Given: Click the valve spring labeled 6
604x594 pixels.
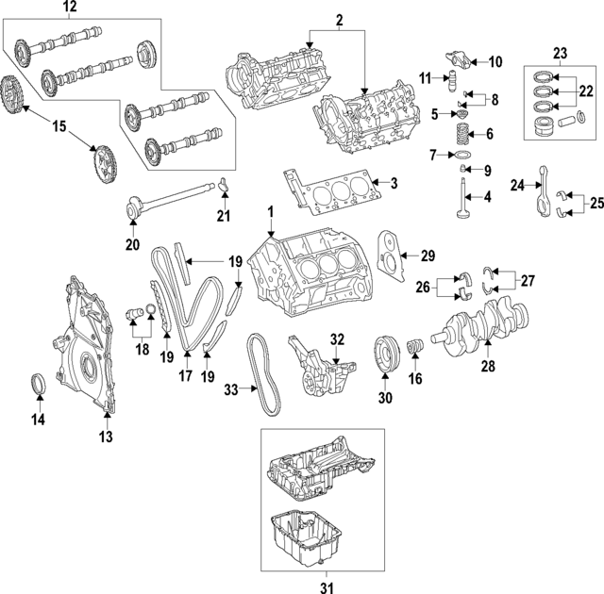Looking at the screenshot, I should click(x=463, y=134).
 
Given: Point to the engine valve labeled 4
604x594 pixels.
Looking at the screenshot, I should click(x=461, y=204).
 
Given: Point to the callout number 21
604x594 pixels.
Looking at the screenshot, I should click(x=224, y=217).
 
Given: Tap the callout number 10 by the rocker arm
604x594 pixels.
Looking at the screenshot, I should click(x=495, y=62).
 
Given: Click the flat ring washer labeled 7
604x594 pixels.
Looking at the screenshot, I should click(x=463, y=155).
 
